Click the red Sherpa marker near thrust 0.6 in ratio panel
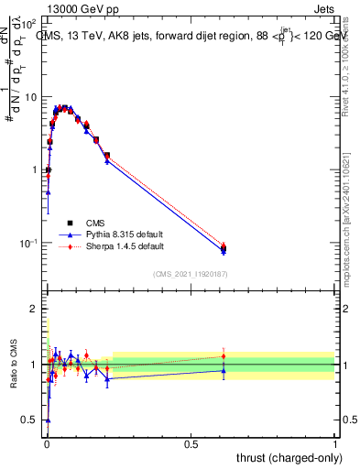tap(224, 355)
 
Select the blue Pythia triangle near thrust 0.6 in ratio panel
tap(224, 370)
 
